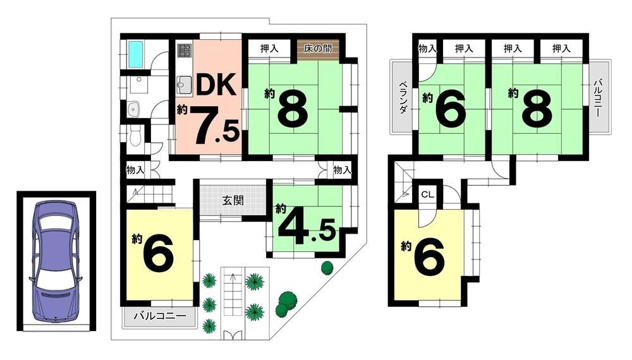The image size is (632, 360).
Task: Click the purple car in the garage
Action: (x=56, y=261)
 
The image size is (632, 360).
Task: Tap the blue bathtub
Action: (x=136, y=55)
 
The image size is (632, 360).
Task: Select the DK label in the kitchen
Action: (x=216, y=85)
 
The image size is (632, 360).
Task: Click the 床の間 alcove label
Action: (x=318, y=49)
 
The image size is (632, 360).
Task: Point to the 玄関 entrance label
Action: (x=233, y=200)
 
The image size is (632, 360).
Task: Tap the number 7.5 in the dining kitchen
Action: (x=216, y=126)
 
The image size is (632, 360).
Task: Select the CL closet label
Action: (x=428, y=195)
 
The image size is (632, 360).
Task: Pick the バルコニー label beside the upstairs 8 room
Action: (x=598, y=99)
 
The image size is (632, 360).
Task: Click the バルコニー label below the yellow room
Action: (x=160, y=315)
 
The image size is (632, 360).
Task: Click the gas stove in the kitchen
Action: (x=185, y=51)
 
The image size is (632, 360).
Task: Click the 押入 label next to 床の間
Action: (x=269, y=49)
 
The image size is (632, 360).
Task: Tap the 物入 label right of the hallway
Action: (x=342, y=170)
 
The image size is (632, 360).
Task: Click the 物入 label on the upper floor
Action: (x=427, y=49)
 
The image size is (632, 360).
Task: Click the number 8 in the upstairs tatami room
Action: (x=537, y=107)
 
